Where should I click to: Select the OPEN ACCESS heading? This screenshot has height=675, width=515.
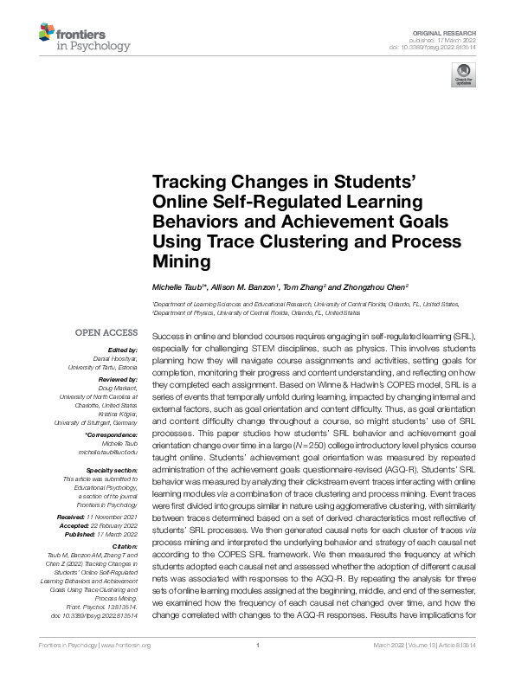(x=106, y=332)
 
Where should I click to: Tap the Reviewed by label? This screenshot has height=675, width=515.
(x=115, y=379)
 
